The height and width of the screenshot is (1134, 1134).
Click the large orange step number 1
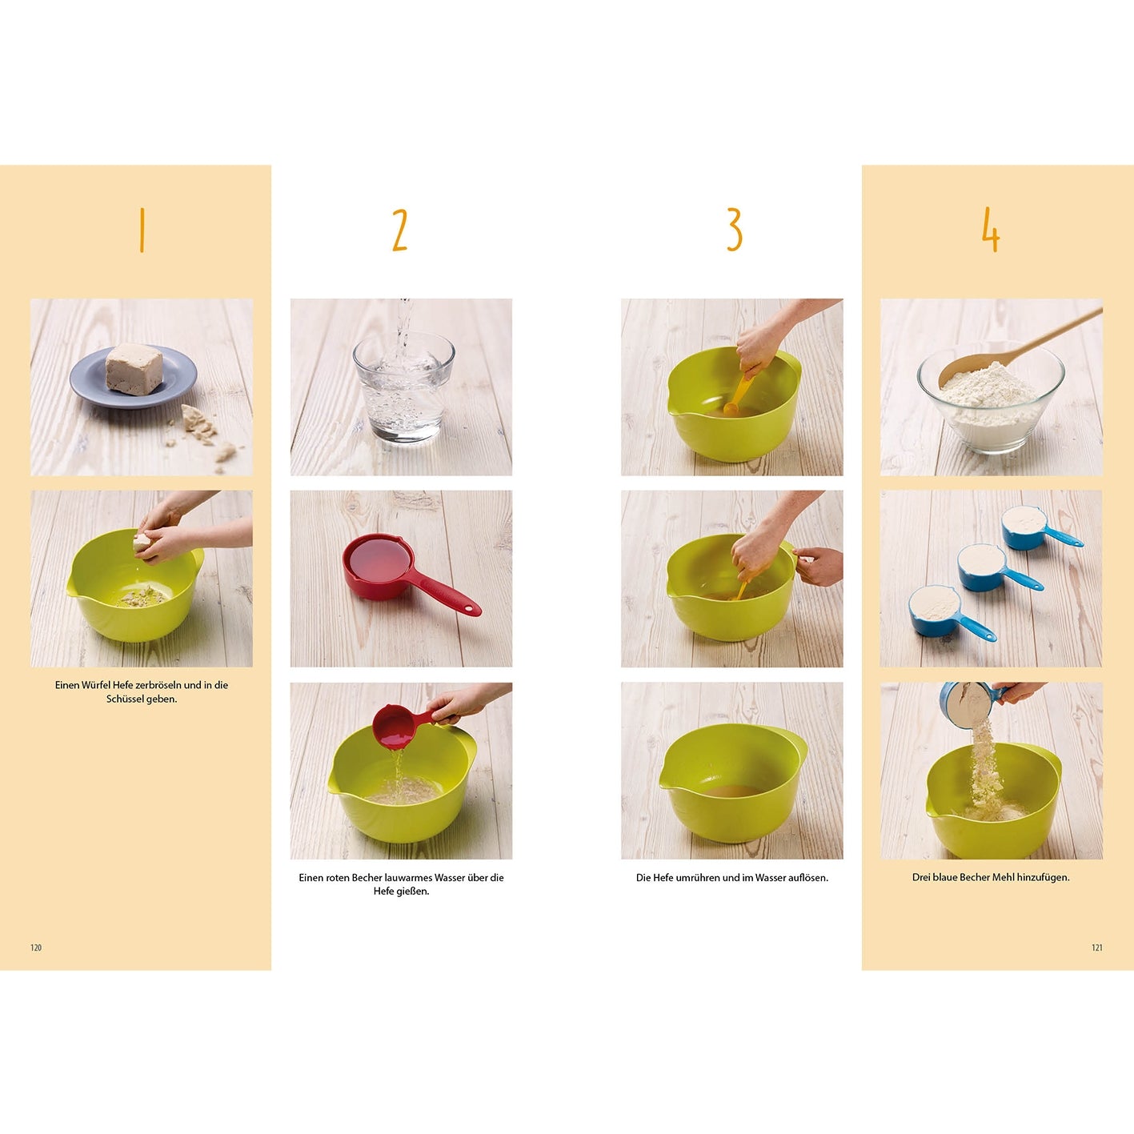[x=142, y=230]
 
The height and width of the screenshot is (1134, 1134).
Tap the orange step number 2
[x=400, y=230]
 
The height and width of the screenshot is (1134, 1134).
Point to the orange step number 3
[x=734, y=230]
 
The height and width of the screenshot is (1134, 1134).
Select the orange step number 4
[x=991, y=230]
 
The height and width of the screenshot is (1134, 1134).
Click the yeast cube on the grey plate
[x=134, y=369]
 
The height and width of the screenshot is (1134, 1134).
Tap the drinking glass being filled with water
[x=403, y=387]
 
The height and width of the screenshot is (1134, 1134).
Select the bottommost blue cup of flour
[x=952, y=613]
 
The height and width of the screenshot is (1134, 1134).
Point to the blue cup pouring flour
[x=971, y=703]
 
